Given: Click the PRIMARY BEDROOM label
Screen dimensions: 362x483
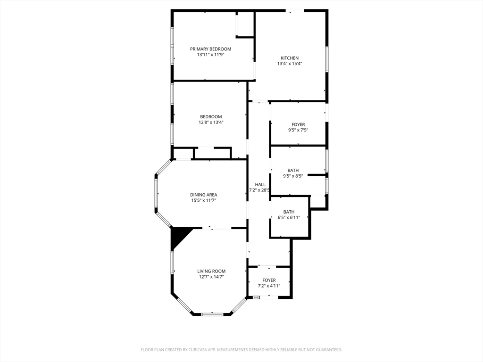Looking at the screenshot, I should (x=210, y=49).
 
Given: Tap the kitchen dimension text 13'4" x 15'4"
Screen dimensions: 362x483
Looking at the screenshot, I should (x=290, y=64).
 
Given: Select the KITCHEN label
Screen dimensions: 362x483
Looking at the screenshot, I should (x=290, y=58).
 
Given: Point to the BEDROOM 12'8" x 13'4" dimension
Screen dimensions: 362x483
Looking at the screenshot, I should (x=211, y=123).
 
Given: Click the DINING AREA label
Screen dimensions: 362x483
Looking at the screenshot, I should (x=203, y=195).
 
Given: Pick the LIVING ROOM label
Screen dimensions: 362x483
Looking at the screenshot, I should (x=211, y=271).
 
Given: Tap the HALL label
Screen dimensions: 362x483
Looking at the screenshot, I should (x=260, y=184).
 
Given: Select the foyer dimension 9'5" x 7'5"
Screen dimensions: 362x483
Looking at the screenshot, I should (x=298, y=130).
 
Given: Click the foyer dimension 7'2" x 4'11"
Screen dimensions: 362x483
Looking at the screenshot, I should (x=269, y=286).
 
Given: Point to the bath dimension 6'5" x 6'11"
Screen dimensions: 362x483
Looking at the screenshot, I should (x=289, y=218).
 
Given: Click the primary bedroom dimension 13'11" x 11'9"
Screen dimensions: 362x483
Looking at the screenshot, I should (x=210, y=55).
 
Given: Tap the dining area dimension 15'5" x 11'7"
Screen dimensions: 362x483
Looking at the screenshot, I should (x=203, y=200).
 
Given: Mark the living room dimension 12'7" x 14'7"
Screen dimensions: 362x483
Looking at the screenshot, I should (x=211, y=277).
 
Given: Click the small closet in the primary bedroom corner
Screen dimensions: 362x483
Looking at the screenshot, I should (x=245, y=25).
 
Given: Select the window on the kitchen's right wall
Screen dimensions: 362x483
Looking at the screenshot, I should (x=326, y=59).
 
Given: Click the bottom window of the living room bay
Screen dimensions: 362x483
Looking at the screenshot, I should (x=212, y=313).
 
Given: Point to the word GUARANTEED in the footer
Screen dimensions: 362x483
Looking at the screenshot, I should (x=328, y=350).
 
